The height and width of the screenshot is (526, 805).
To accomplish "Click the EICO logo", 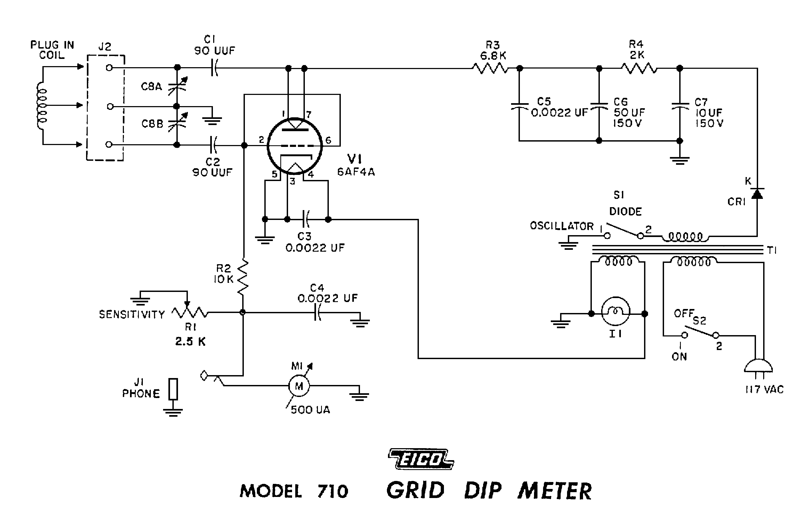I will click(x=421, y=459).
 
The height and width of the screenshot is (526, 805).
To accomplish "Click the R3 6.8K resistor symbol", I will click(x=490, y=69).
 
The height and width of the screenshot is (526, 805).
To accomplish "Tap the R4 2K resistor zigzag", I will click(x=639, y=69).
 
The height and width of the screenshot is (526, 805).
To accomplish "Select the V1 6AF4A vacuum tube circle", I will click(x=294, y=146).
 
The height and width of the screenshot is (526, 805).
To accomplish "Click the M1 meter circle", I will click(x=299, y=386).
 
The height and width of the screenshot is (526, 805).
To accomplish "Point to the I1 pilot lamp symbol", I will click(x=616, y=311).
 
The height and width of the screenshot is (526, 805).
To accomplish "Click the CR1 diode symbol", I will click(x=757, y=194).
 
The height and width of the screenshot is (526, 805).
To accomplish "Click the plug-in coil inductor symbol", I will click(x=42, y=105).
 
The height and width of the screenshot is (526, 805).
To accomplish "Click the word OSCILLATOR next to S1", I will click(x=561, y=226).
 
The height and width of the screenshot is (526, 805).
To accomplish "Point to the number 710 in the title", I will click(x=333, y=491).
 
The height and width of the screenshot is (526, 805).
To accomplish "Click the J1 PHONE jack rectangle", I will click(x=173, y=389).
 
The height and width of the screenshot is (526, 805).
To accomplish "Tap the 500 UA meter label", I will click(x=310, y=410).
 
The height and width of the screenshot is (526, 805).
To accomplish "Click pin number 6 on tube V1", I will click(x=328, y=140).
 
